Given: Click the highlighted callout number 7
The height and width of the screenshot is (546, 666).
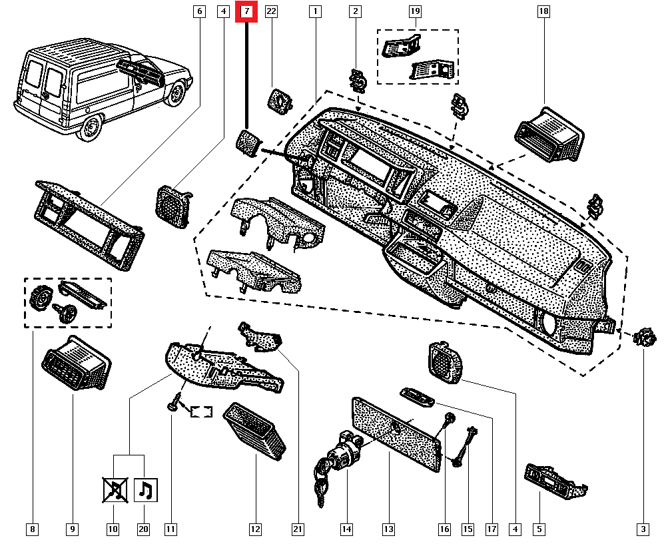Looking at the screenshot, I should (x=247, y=11).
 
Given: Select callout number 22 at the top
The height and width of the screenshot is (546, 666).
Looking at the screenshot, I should (x=271, y=11).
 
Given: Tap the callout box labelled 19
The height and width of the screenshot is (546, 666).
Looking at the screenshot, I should (x=415, y=11).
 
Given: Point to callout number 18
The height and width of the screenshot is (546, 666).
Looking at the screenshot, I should (x=544, y=11).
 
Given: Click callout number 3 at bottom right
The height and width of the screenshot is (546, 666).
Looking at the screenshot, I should (x=643, y=529).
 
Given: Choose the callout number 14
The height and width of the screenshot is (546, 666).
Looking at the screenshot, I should (x=346, y=529).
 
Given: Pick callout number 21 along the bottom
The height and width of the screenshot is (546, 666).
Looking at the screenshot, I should (x=298, y=529).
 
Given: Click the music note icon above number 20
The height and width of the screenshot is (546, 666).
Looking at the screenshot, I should (x=145, y=490).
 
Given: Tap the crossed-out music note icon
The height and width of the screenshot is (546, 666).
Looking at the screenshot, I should (x=114, y=490).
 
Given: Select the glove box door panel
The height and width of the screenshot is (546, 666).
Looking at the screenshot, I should (x=396, y=429).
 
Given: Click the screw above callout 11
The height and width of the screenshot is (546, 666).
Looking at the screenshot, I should (x=175, y=402).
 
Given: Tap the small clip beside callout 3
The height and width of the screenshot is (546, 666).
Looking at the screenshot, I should (x=642, y=338).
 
